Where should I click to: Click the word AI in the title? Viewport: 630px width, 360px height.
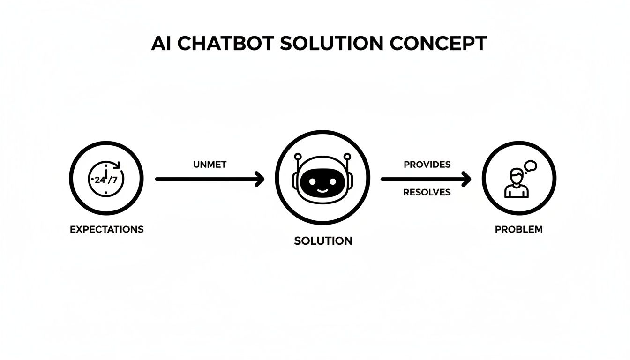point(161,44)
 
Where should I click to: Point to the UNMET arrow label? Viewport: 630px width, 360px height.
point(210,165)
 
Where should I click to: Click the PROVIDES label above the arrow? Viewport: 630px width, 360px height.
point(427,165)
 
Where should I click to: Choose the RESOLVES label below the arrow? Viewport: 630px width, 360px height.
point(427,192)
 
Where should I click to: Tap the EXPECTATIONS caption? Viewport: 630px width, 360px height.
point(106,230)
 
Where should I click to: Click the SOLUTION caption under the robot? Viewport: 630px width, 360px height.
point(323,241)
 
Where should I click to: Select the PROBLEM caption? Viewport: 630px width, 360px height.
point(519,230)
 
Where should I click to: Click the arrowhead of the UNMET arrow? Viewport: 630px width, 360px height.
point(259,179)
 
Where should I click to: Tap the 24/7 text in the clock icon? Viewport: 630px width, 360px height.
point(106,179)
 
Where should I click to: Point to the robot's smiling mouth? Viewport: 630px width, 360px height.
point(322,190)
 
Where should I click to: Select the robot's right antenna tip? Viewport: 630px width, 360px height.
point(347,156)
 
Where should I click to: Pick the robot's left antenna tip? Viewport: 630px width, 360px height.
point(298,156)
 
